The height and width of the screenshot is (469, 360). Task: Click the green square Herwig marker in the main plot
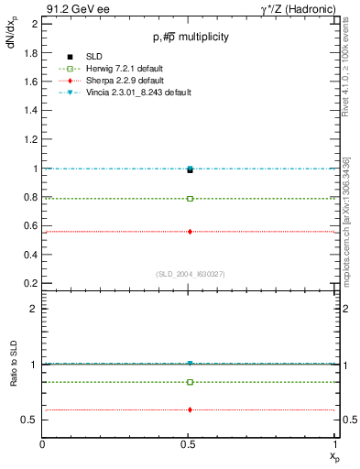190,198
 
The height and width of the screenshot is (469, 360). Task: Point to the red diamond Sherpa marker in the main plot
190,232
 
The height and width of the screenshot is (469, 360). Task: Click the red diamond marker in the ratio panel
190,409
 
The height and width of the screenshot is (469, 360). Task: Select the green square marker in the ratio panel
190,382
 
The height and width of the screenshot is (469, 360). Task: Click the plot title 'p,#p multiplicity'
190,37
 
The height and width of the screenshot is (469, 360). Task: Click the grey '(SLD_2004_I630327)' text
190,274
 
